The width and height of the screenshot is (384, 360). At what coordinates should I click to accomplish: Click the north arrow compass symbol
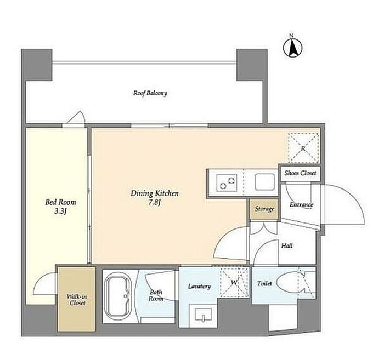[292, 47]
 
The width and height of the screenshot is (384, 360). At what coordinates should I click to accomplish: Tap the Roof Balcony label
[150, 93]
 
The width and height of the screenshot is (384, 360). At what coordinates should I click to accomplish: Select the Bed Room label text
[60, 202]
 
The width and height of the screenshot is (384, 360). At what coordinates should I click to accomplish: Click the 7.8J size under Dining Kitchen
[154, 203]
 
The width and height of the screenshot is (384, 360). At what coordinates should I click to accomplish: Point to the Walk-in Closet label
[77, 300]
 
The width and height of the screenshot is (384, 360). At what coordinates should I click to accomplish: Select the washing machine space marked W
[235, 282]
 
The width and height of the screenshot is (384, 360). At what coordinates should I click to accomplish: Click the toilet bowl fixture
[291, 283]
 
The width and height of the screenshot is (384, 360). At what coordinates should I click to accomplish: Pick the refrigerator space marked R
[303, 148]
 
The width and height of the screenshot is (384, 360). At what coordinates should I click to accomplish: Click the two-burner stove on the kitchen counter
[227, 182]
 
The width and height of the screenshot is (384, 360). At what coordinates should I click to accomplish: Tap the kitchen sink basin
[264, 182]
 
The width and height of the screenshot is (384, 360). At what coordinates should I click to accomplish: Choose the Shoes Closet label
[300, 173]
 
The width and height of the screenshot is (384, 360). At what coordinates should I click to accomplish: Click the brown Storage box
[264, 209]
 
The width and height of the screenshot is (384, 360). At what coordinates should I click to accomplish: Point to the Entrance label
[301, 204]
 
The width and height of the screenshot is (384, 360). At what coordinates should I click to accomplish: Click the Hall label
[287, 245]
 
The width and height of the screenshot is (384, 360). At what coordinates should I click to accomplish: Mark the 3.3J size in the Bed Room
[60, 212]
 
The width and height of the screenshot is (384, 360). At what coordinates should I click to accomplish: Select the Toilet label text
[264, 284]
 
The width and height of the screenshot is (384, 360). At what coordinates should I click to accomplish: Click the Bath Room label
[156, 295]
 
